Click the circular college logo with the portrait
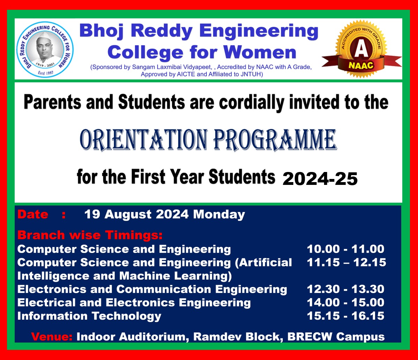45,49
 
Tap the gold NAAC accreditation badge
361,49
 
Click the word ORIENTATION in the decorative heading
144,140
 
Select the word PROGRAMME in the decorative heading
275,140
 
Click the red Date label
33,214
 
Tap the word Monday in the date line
219,215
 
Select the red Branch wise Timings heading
90,235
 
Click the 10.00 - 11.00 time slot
345,249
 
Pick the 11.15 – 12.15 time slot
346,262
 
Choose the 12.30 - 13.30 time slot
345,289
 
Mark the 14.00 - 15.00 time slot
345,302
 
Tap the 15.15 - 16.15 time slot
345,316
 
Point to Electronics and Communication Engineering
152,290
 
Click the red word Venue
52,337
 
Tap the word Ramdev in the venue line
217,337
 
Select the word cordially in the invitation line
251,103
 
